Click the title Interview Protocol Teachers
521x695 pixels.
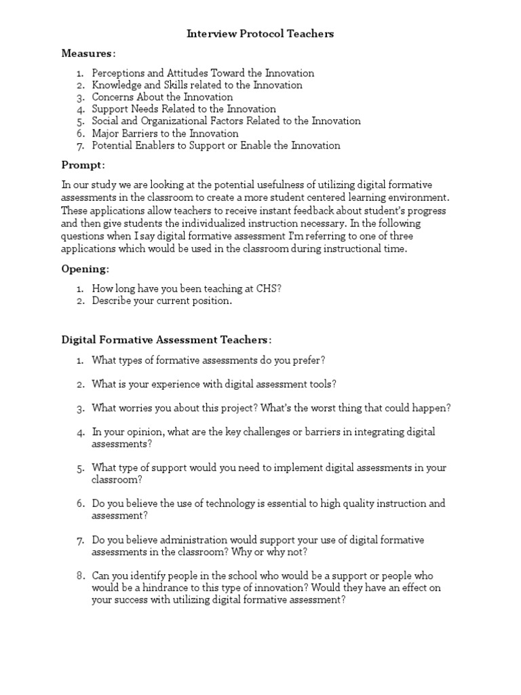pyautogui.click(x=260, y=34)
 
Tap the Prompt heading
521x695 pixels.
pyautogui.click(x=83, y=166)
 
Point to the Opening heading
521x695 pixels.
pyautogui.click(x=85, y=269)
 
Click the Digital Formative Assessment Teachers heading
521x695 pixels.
pyautogui.click(x=166, y=339)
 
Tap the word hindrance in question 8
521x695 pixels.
pyautogui.click(x=168, y=588)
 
